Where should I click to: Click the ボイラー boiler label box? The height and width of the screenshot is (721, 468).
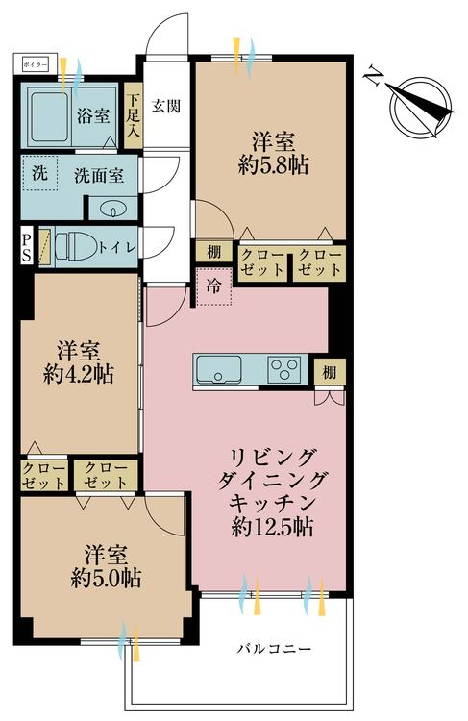pos(36,65)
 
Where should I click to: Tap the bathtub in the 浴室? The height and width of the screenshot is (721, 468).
pos(49,116)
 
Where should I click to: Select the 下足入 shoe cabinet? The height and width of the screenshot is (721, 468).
pos(134,115)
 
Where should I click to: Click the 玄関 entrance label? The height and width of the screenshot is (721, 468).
pos(166,107)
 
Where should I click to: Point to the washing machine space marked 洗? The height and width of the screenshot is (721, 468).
pos(40,173)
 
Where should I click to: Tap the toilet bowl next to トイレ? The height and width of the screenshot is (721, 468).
pos(75,246)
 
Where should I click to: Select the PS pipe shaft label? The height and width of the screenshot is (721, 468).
pos(26,247)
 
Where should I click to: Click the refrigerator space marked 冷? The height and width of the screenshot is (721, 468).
pos(213,287)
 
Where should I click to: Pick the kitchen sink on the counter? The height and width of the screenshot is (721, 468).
pos(219,369)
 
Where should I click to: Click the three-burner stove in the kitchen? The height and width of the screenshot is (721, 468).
pos(283,369)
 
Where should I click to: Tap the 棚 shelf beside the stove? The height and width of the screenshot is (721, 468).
pos(330,372)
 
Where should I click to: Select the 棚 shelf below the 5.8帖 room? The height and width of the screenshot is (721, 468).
pos(213,252)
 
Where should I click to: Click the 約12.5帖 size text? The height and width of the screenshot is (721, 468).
pos(273,527)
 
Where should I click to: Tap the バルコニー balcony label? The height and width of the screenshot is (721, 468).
pos(275,649)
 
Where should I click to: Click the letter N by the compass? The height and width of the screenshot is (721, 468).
pos(374,78)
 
